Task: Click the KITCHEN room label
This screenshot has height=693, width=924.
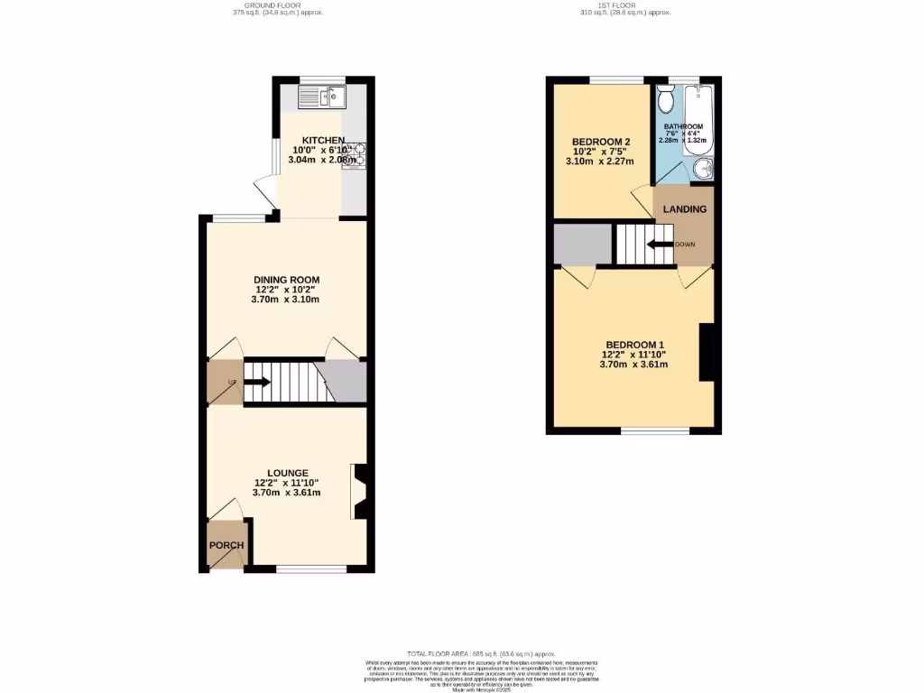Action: [323, 140]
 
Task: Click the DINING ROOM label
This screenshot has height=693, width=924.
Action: [286, 280]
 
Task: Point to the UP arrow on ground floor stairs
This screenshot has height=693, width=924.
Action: [257, 382]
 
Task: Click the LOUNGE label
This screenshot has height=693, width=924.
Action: [287, 473]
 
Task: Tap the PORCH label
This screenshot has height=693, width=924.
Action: [226, 546]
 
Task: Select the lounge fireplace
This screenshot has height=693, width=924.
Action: [359, 493]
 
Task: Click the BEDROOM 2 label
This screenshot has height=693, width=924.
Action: [600, 142]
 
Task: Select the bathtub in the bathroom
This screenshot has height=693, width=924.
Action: [699, 119]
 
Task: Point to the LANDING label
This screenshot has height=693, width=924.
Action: [685, 209]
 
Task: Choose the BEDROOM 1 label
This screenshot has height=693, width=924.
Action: [634, 345]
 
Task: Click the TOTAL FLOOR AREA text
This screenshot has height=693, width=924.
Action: [480, 653]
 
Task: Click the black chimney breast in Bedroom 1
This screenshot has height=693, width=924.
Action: [705, 353]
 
